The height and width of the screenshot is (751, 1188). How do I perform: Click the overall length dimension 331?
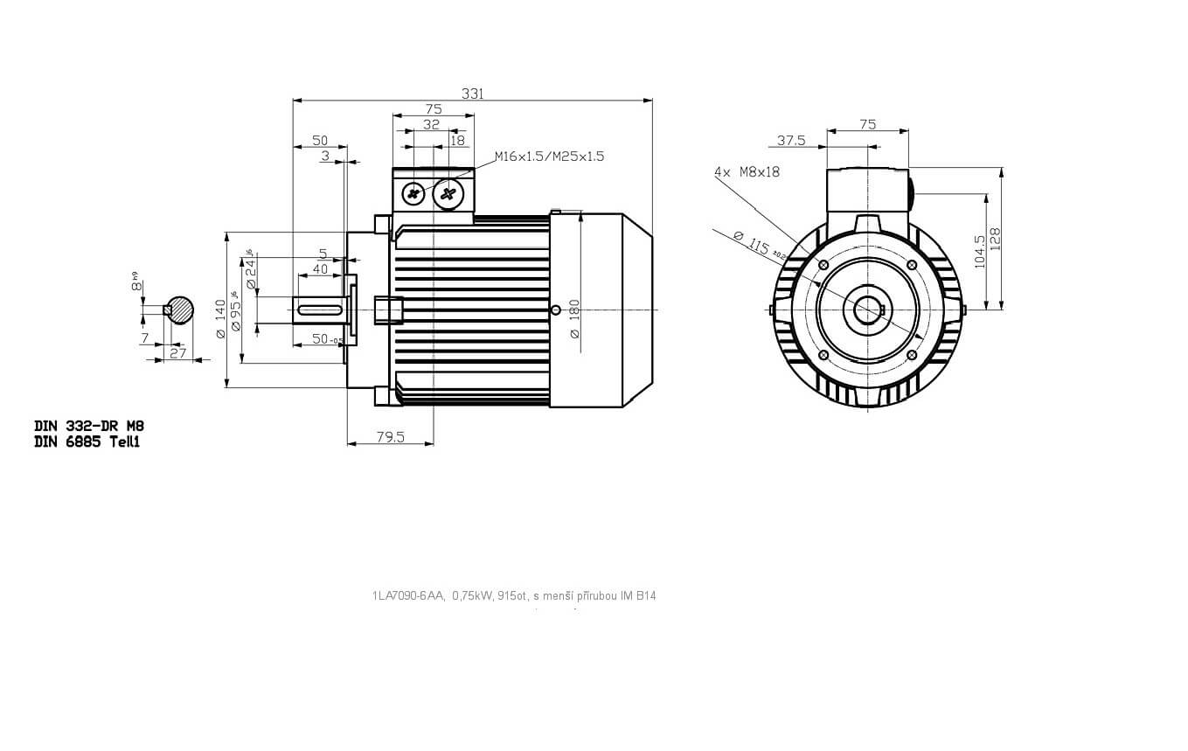(x=471, y=94)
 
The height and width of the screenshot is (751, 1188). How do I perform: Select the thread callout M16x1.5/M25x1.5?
(x=549, y=156)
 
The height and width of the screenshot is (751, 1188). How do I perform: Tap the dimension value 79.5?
(x=390, y=437)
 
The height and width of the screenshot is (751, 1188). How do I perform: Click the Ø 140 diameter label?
(x=220, y=320)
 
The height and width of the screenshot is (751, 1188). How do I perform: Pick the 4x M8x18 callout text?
(x=747, y=172)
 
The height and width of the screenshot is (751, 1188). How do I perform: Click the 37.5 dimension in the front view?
(x=790, y=140)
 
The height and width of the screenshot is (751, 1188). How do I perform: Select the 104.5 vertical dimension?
(x=979, y=250)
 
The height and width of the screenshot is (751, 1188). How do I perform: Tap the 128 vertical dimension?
(x=995, y=239)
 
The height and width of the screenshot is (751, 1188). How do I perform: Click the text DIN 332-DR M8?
(x=89, y=426)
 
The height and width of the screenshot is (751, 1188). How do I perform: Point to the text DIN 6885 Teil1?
(x=87, y=442)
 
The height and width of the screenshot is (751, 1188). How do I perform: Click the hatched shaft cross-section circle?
(x=182, y=309)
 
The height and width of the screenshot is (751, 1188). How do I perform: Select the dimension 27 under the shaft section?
(x=178, y=353)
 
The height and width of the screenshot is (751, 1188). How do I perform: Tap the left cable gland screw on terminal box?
(x=413, y=194)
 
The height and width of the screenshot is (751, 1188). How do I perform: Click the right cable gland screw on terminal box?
(x=448, y=194)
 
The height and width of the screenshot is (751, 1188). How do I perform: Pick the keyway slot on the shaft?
(x=320, y=309)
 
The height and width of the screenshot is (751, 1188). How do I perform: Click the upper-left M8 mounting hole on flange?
(x=823, y=264)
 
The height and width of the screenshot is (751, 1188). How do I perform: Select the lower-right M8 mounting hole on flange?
(x=912, y=354)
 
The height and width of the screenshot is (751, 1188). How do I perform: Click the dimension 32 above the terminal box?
(x=432, y=125)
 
